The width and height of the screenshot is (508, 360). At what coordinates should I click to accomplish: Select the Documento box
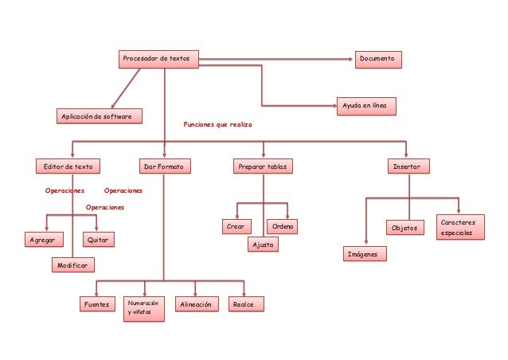378,59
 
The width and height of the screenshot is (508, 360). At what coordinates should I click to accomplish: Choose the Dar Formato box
163,166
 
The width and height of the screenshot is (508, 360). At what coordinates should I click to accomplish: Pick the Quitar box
98,239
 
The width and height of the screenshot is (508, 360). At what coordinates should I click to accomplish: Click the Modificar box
72,264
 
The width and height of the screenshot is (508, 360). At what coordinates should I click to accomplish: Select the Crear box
235,227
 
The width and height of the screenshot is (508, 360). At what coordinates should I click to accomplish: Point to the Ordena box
282,227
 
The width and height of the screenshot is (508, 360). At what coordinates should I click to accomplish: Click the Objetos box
406,228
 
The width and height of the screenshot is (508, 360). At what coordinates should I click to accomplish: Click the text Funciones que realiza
217,124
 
